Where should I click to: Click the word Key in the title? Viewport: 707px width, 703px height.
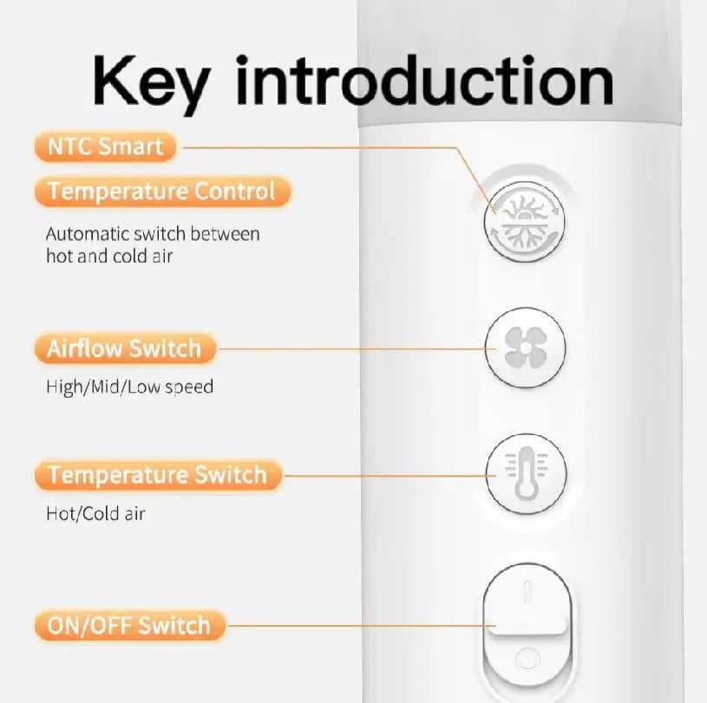[152, 84]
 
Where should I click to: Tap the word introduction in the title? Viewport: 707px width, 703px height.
[424, 81]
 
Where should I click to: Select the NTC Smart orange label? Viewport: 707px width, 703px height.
[106, 146]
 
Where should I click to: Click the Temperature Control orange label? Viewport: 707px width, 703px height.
[162, 191]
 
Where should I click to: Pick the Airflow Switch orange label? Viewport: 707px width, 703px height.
[125, 348]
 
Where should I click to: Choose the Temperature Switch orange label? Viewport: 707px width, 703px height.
[158, 474]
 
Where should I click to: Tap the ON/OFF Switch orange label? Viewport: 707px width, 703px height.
[130, 626]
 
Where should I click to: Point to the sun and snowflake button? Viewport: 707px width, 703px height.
[524, 221]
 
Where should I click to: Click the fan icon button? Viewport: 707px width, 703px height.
[526, 348]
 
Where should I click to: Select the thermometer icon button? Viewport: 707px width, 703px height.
[526, 473]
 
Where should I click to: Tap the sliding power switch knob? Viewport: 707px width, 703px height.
[527, 627]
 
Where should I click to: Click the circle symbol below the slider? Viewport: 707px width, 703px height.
[527, 660]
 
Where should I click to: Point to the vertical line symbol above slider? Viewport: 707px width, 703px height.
[527, 591]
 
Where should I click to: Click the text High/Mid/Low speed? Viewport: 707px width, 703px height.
[130, 387]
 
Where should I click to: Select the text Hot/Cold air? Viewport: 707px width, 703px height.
[95, 513]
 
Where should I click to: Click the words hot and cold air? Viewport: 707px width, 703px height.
[109, 256]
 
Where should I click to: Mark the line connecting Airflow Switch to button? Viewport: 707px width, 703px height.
[357, 348]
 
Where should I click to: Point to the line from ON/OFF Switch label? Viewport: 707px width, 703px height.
[361, 626]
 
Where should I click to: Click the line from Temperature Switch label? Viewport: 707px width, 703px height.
[390, 475]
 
